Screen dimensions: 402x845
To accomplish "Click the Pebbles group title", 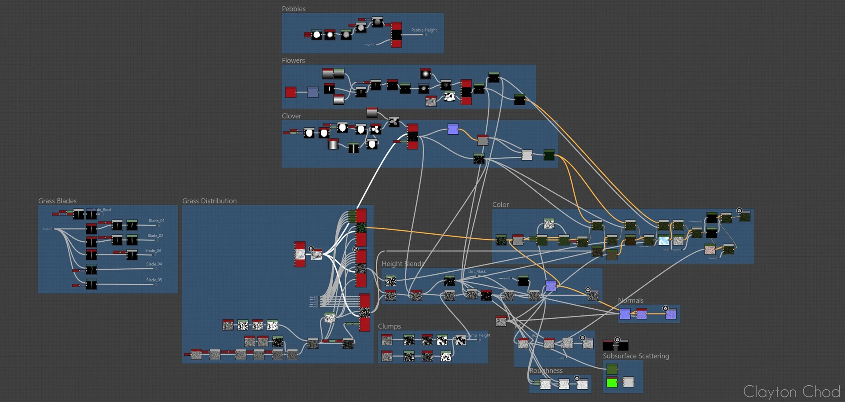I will (x=294, y=9).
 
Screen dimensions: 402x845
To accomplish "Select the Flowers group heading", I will (x=293, y=60).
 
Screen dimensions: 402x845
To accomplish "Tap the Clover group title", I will (x=291, y=116).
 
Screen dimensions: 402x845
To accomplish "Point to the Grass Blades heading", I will (x=57, y=201).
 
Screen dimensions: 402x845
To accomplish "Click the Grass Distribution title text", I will (x=209, y=201).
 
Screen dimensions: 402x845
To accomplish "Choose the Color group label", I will (x=500, y=204).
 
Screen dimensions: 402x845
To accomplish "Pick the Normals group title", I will (x=631, y=300).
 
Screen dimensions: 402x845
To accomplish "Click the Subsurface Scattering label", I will (x=636, y=356).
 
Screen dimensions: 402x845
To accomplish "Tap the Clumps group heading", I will (x=389, y=326).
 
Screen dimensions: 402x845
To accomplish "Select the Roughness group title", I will (x=546, y=371).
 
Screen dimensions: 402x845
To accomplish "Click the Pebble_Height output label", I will (x=424, y=30).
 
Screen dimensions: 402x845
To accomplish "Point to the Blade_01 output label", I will (x=156, y=221).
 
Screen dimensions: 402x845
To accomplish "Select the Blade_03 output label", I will (x=153, y=251).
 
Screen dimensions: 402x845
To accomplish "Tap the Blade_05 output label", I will (x=154, y=280).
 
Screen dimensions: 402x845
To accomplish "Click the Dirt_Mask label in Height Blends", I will (x=477, y=271).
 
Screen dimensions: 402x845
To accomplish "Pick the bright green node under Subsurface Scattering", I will (x=612, y=383).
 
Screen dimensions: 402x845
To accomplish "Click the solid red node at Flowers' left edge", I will (x=290, y=92).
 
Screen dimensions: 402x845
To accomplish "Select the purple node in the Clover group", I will (x=453, y=129).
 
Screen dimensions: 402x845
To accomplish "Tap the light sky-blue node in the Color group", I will (x=663, y=240).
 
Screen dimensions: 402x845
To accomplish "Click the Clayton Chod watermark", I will (x=791, y=391).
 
